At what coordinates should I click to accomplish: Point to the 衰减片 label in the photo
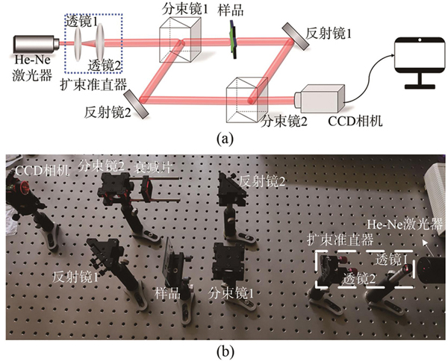pos(152,167)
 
